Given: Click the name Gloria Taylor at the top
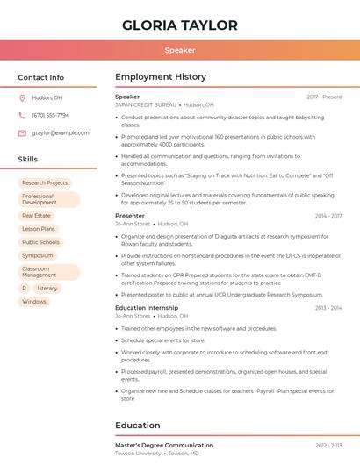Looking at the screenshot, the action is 180,25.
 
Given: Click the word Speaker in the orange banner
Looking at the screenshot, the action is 180,50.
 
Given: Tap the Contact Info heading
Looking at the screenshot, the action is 41,77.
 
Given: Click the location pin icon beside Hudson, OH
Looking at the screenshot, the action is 22,98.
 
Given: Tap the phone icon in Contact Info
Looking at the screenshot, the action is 22,116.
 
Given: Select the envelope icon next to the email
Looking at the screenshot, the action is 22,133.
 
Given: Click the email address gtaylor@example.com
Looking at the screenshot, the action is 61,133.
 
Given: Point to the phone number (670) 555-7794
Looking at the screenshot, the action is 50,116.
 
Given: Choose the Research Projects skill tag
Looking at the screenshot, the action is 45,183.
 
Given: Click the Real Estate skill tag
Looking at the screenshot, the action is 36,215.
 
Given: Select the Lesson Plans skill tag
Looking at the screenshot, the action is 39,229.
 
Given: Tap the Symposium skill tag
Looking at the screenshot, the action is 38,256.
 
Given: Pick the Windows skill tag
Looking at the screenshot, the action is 34,302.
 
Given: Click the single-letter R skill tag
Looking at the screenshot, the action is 24,288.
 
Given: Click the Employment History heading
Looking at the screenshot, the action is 161,77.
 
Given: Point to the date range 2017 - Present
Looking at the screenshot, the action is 324,97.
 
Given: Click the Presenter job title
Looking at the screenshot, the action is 130,216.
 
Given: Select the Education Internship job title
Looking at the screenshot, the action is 147,308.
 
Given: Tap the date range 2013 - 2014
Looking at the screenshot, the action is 328,308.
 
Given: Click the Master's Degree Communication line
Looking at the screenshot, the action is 164,446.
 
